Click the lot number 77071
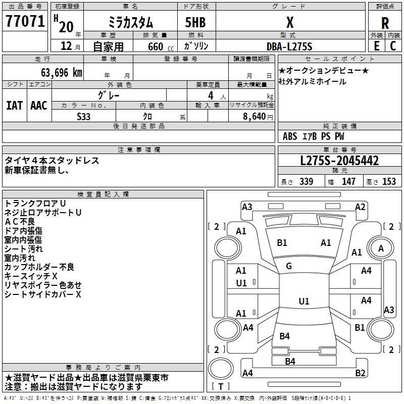tap(25, 22)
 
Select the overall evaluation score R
tap(385, 23)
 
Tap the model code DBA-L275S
tap(289, 46)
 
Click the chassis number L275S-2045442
tap(339, 161)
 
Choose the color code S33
tap(84, 116)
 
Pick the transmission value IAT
tap(14, 105)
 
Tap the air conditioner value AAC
tap(39, 105)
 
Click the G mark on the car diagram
tap(288, 266)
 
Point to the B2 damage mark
tap(360, 373)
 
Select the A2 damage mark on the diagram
tap(360, 207)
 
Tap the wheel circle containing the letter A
tap(381, 248)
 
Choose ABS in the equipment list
tap(290, 136)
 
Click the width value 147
tap(348, 182)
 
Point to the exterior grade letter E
tap(376, 46)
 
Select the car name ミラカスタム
tap(131, 22)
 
